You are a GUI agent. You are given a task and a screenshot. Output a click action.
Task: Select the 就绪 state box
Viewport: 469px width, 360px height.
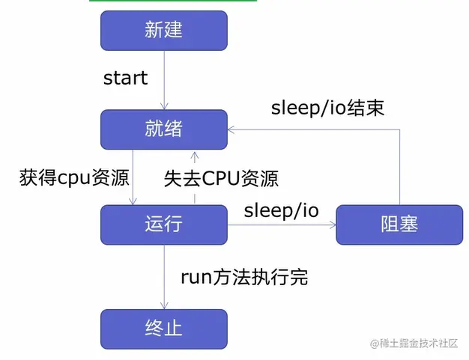(163, 129)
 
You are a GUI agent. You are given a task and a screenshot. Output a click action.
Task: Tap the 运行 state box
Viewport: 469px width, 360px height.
(163, 224)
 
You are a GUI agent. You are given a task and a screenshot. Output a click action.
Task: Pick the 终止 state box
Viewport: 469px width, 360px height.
(163, 327)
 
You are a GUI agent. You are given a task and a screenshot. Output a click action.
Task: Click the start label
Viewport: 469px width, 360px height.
(125, 78)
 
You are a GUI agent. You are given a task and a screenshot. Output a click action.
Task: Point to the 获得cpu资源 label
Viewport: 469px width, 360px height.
(74, 178)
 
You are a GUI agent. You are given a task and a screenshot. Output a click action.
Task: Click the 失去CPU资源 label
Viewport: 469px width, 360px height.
(221, 178)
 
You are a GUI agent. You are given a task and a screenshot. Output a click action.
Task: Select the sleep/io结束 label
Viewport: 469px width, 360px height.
(327, 108)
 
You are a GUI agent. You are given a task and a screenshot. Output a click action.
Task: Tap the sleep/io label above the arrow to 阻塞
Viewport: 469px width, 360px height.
(281, 210)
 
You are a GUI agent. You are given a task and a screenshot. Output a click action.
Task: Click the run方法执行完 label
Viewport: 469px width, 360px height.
(244, 277)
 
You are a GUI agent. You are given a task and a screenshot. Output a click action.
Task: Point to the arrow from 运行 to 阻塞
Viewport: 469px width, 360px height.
(281, 224)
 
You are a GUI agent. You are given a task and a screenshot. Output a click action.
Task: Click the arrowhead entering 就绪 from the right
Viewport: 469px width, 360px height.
(232, 129)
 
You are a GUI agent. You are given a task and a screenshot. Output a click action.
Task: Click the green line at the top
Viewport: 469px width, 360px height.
(172, 1)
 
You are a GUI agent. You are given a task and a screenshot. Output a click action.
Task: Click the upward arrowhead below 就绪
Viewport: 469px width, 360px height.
(195, 156)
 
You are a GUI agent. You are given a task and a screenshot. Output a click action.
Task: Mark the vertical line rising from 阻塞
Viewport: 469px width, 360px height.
(399, 165)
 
